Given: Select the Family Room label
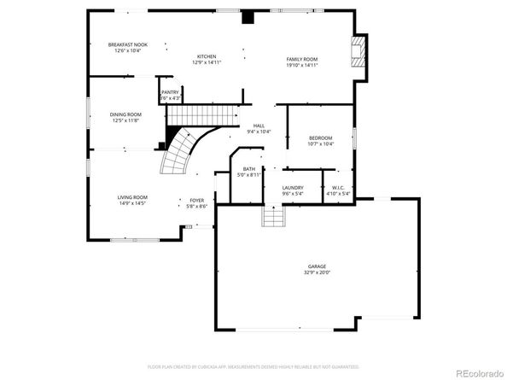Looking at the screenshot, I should pos(302,59).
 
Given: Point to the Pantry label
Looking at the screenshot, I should pos(171,91).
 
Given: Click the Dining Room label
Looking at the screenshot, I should pos(125,114).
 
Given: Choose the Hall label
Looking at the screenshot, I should pos(259,126).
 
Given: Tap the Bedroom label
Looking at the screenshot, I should pos(321,137).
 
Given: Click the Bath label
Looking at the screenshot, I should pos(249,169).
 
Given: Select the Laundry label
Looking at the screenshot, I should pos(294,187).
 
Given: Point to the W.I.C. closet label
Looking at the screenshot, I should pos(338,187).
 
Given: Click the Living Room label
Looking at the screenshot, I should pos(132,197).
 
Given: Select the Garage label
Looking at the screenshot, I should pos(317,266).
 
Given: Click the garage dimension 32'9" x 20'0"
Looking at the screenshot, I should pos(317,272).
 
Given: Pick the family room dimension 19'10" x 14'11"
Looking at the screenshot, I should pos(302,65).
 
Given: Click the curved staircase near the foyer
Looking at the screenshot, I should pos(182,152).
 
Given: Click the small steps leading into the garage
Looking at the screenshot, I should pos(271,220).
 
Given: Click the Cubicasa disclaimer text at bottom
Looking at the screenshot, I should pos(253,365).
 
